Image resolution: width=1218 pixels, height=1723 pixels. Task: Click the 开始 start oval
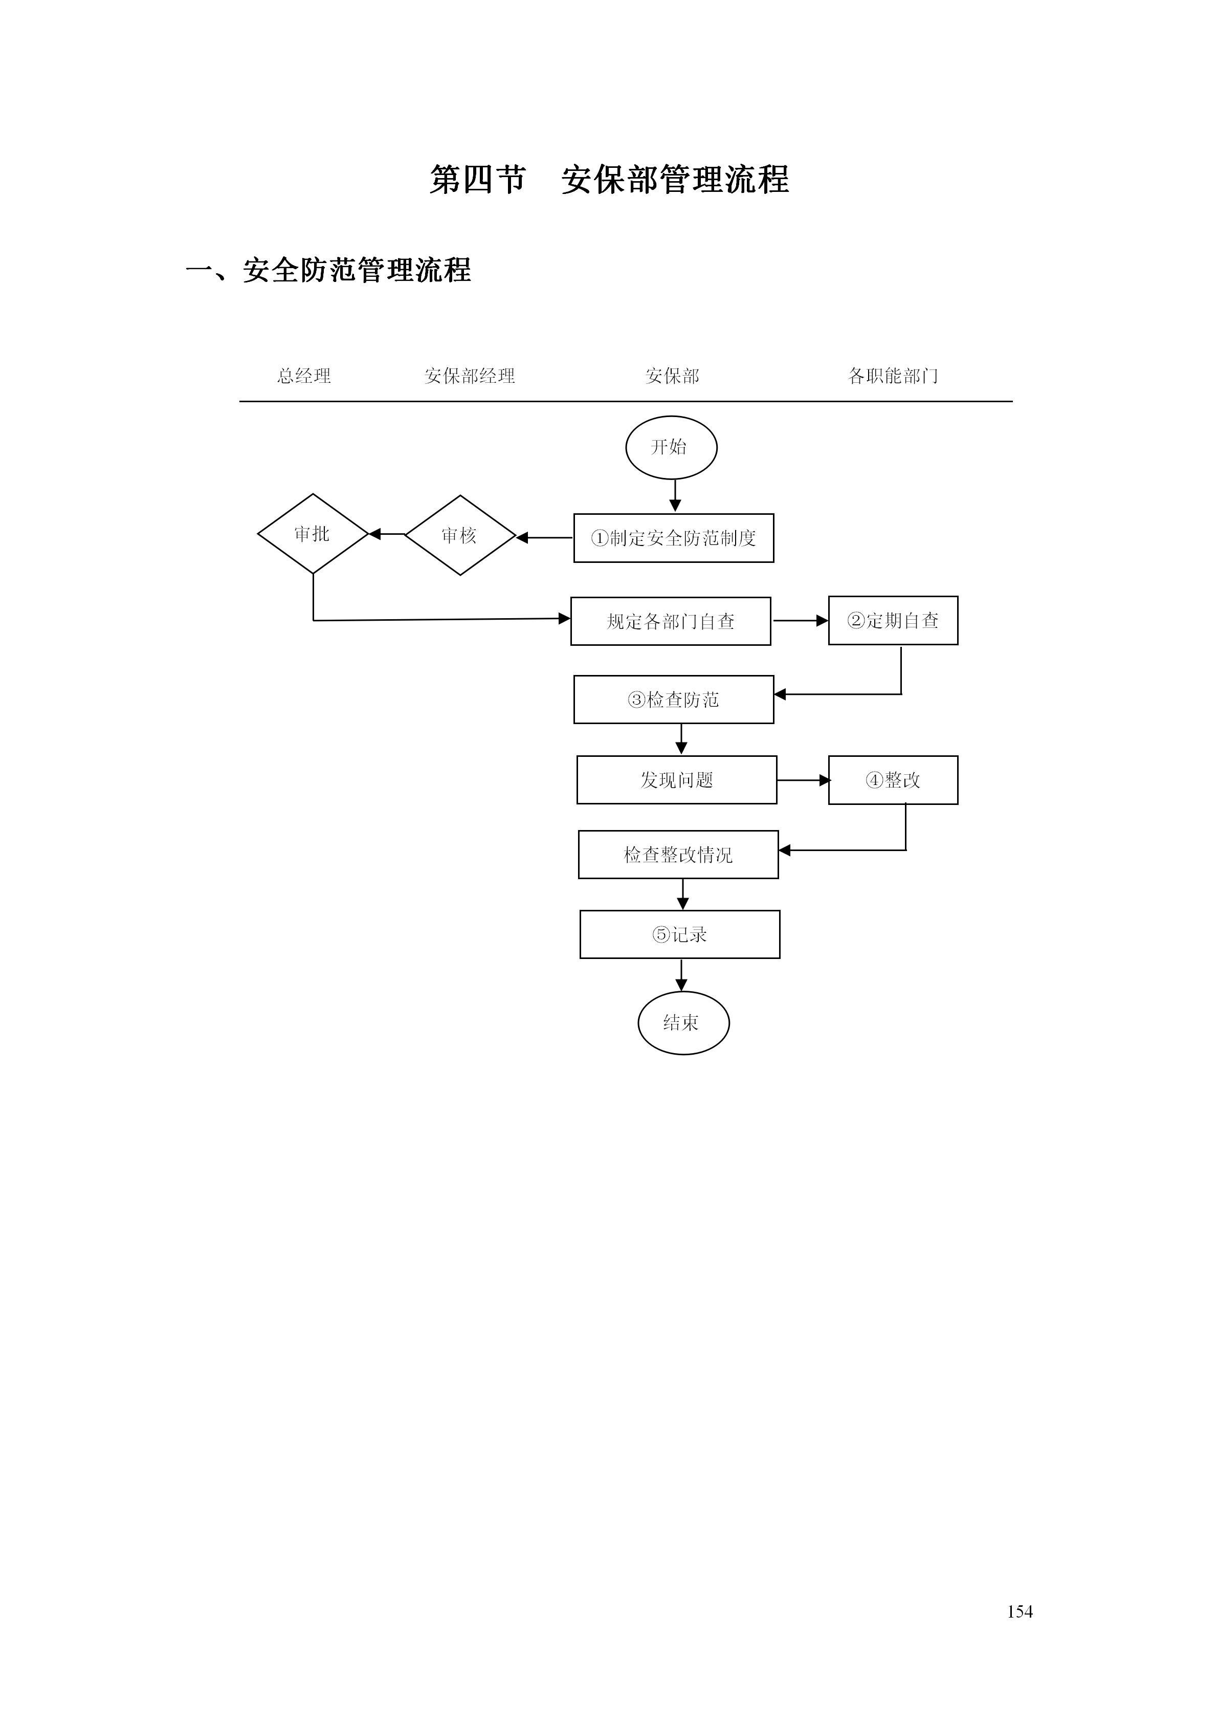(671, 447)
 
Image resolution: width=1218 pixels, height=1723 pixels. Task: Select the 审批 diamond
(313, 534)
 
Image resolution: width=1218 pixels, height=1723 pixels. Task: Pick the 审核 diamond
(460, 535)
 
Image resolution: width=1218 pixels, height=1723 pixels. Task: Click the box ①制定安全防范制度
(674, 538)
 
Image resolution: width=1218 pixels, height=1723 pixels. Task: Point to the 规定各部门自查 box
(671, 621)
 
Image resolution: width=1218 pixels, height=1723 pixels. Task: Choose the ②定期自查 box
(893, 621)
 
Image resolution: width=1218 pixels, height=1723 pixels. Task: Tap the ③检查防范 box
(674, 700)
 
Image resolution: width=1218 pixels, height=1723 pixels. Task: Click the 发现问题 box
(676, 780)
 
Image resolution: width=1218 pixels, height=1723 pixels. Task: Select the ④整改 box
(893, 780)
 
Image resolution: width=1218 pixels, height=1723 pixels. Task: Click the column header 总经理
(304, 376)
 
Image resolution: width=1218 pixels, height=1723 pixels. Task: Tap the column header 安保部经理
(470, 376)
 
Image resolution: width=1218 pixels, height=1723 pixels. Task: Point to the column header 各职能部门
(893, 376)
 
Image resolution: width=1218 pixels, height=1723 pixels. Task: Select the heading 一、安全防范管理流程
(328, 270)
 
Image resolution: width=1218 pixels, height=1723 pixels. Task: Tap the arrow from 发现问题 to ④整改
(803, 780)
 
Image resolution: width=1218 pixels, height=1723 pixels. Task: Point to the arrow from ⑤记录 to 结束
(681, 975)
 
